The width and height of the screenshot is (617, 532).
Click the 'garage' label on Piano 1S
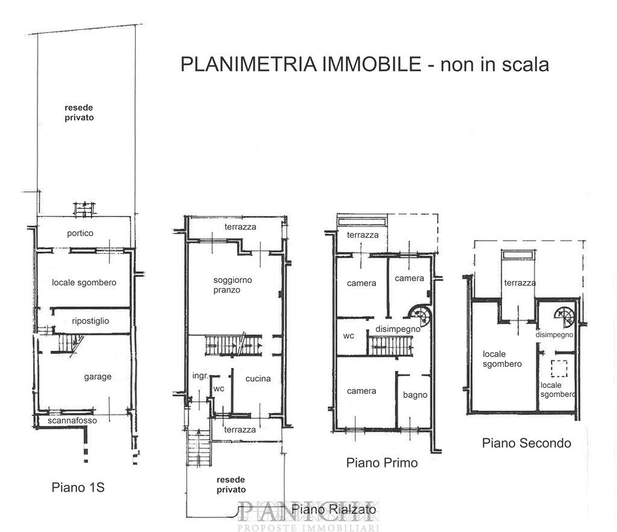pyautogui.click(x=98, y=377)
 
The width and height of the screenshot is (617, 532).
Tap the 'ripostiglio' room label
pyautogui.click(x=90, y=321)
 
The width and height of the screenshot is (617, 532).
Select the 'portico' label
pyautogui.click(x=80, y=233)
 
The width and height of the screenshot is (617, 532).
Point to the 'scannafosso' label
pyautogui.click(x=72, y=420)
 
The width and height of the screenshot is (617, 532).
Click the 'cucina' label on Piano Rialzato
pyautogui.click(x=258, y=379)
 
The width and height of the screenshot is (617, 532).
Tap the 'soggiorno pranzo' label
pyautogui.click(x=233, y=285)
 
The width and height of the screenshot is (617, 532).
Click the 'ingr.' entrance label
pyautogui.click(x=200, y=376)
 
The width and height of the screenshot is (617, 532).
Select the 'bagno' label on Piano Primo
pyautogui.click(x=415, y=395)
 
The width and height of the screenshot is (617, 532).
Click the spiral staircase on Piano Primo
pyautogui.click(x=420, y=315)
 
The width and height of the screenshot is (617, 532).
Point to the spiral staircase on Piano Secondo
pyautogui.click(x=564, y=317)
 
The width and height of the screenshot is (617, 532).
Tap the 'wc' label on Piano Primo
pyautogui.click(x=349, y=336)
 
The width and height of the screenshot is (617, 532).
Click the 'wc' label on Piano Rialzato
pyautogui.click(x=219, y=388)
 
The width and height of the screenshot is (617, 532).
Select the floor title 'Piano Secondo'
pyautogui.click(x=527, y=443)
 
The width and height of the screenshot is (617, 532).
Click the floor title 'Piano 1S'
pyautogui.click(x=78, y=487)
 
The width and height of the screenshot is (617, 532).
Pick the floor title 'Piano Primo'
pyautogui.click(x=381, y=463)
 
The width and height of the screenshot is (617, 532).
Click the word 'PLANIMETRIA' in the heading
pyautogui.click(x=249, y=64)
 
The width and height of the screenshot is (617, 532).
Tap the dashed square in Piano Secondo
pyautogui.click(x=559, y=369)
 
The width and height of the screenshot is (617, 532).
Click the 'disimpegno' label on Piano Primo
pyautogui.click(x=398, y=329)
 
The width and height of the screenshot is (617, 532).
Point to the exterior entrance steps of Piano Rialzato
pyautogui.click(x=199, y=448)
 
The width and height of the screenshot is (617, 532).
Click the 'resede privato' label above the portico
pyautogui.click(x=79, y=113)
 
